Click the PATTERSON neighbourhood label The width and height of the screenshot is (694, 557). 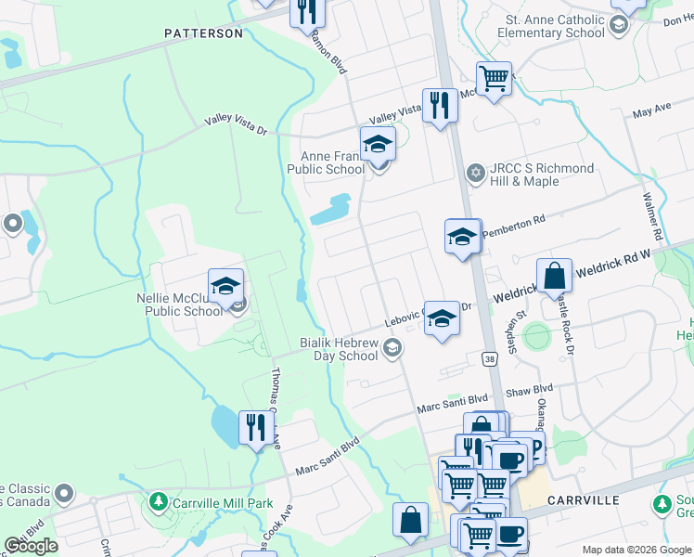[x=203, y=33]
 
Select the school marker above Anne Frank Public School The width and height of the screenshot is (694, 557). [x=378, y=145]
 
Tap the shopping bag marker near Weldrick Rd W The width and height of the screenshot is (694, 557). [x=554, y=276]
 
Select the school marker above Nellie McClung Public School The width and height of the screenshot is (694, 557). [x=225, y=288]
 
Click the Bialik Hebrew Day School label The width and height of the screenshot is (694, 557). [x=339, y=350]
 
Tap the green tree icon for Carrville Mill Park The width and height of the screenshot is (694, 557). [x=158, y=502]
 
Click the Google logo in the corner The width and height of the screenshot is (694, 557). [x=31, y=546]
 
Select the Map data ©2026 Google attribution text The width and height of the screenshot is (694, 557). [x=636, y=550]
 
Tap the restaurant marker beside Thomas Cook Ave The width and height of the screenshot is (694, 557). [x=256, y=428]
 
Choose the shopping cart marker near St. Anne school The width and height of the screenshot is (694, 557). [x=494, y=79]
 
